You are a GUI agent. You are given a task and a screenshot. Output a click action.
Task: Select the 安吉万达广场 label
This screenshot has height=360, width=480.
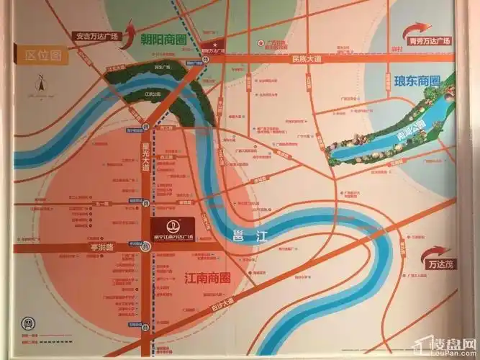coord(97,35)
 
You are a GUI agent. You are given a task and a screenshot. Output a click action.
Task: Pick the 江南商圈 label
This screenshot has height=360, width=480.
coord(207,277)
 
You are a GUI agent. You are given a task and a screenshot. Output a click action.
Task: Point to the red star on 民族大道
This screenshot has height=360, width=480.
coord(261,42)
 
